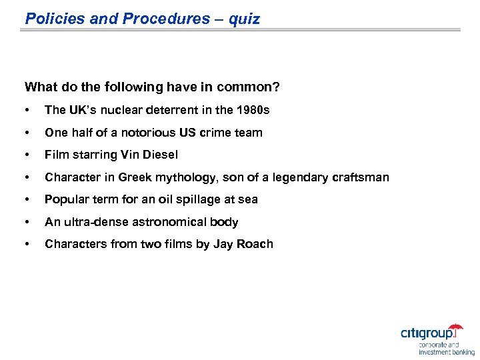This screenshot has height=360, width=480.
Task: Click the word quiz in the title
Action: coord(244,19)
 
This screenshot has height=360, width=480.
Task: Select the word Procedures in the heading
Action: coord(165,19)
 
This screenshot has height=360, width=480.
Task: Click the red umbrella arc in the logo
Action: coord(455,327)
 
